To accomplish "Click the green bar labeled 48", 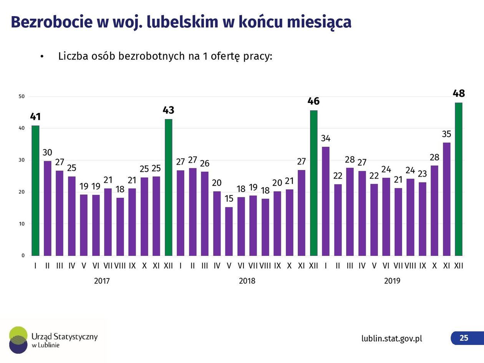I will click(x=458, y=179).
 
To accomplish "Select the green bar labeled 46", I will click(x=313, y=183).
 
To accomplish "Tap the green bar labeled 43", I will click(x=168, y=187).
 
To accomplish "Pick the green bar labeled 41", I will click(x=35, y=191).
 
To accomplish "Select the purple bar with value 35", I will click(x=446, y=199).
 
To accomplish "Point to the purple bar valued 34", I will click(x=326, y=201).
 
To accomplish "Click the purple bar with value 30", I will click(x=47, y=208).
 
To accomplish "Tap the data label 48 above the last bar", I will click(x=459, y=93).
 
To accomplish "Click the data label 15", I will click(x=229, y=199).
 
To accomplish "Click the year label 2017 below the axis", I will click(x=102, y=281).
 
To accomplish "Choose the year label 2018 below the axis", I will click(x=247, y=281).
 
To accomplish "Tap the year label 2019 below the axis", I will click(x=392, y=281).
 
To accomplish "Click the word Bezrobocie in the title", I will click(x=51, y=22).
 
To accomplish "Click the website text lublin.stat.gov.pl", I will click(x=392, y=338).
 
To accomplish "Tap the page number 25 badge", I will click(x=464, y=338).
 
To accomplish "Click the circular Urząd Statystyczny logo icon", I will click(x=18, y=340).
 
